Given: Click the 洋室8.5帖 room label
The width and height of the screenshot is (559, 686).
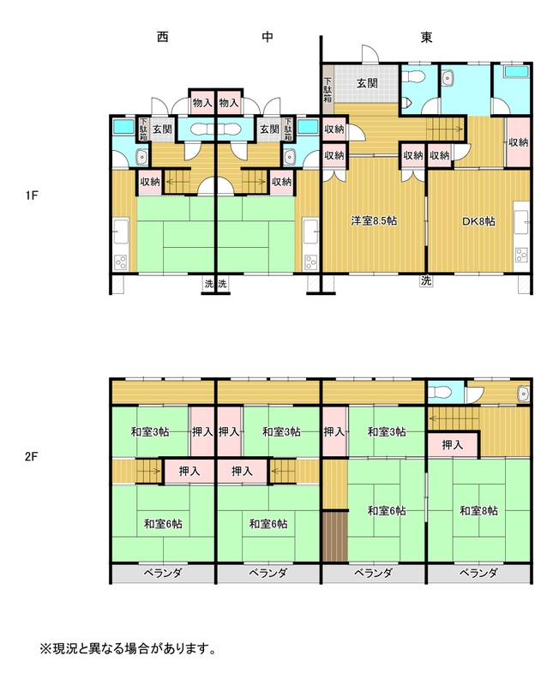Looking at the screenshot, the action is [374, 221].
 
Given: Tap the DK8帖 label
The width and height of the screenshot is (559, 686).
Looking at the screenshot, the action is [479, 221].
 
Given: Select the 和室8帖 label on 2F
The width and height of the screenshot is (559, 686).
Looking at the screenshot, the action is [478, 510].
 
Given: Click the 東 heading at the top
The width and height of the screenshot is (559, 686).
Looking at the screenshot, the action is [426, 37].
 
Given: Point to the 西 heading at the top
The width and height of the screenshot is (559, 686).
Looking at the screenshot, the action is [162, 37].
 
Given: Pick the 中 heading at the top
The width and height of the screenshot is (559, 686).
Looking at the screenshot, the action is [267, 37].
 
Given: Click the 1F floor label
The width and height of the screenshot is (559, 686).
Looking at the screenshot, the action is [32, 196].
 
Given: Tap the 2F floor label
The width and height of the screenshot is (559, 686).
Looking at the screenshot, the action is [32, 457].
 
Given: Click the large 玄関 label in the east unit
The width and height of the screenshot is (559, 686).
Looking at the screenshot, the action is [367, 82].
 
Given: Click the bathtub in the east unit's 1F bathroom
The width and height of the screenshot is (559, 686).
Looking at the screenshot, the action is [516, 71].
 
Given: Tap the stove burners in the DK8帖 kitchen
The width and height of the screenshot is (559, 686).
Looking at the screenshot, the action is [521, 255].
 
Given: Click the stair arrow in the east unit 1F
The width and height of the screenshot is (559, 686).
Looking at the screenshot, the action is [445, 129].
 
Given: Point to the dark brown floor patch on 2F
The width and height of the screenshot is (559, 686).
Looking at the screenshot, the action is [335, 537].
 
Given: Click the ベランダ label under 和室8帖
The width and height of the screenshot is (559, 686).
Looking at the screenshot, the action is [478, 573].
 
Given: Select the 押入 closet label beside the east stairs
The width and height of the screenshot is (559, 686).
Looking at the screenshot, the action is [453, 445].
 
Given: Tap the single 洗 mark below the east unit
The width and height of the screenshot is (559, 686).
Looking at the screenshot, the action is [426, 281].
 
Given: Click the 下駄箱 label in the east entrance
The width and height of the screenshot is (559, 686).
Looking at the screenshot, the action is [328, 90].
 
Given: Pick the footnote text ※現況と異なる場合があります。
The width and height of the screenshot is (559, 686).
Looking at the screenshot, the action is [128, 648].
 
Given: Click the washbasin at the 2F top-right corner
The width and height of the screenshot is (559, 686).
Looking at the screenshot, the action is [523, 394].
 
